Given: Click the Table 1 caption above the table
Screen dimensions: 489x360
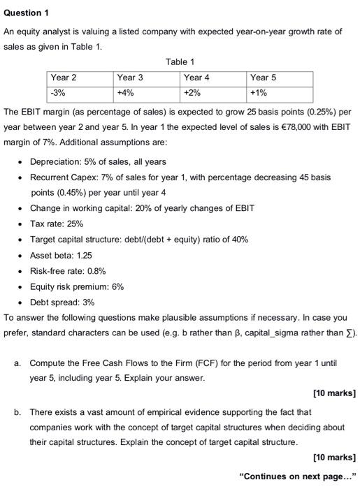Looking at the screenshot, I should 180,62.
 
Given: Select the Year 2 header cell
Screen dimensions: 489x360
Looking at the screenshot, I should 63,78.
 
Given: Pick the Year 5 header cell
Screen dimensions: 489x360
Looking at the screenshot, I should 263,78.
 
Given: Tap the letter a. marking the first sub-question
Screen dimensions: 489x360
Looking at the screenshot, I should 17,363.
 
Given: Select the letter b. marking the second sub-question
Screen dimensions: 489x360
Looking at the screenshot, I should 17,412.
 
